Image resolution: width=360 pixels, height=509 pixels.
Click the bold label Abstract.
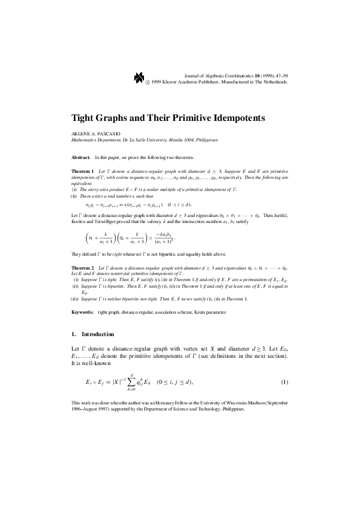pyautogui.click(x=80, y=157)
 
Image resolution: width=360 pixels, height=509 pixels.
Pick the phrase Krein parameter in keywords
pyautogui.click(x=211, y=313)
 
